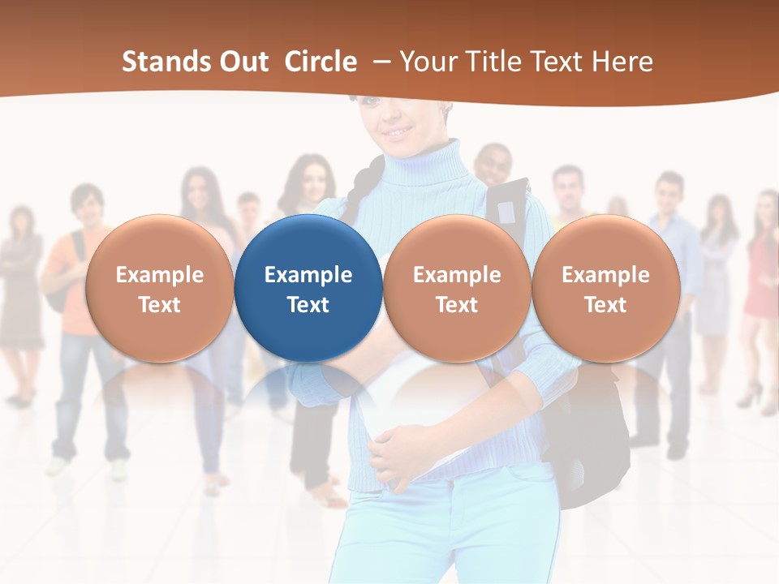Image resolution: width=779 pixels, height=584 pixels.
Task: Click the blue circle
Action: click(x=308, y=289)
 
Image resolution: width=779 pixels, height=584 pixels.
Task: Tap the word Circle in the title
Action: click(x=321, y=62)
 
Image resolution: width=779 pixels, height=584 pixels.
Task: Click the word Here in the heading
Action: click(x=622, y=62)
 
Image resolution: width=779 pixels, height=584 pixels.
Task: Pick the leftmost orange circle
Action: click(x=159, y=289)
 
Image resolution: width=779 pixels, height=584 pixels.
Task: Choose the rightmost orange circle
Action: click(x=605, y=289)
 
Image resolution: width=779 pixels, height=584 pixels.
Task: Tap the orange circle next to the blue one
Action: click(x=457, y=289)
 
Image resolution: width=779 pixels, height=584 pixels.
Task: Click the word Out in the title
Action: click(x=246, y=62)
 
